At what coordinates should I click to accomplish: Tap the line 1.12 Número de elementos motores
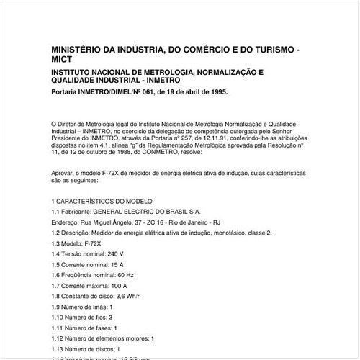coord(103,338)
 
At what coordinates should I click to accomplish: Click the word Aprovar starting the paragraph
coord(64,174)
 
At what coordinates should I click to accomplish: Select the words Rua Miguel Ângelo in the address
coord(105,223)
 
